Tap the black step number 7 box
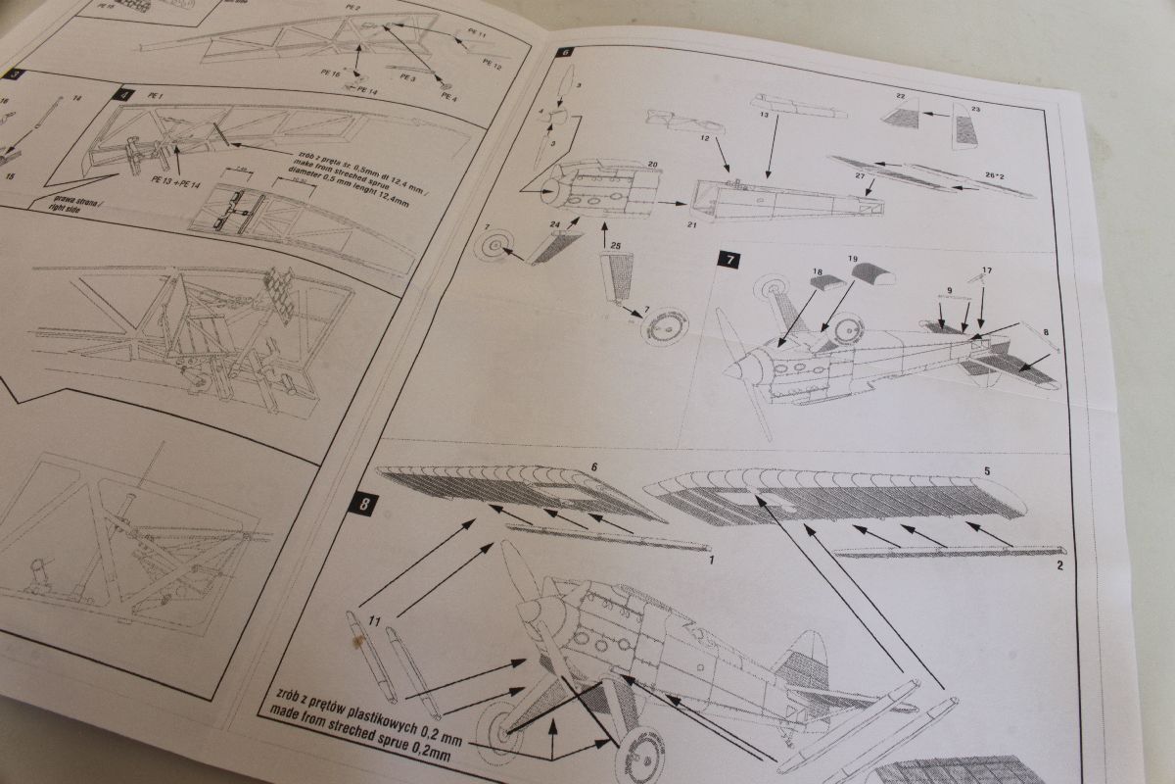tap(729, 259)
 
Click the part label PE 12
tap(492, 65)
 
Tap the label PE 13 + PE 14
tap(173, 180)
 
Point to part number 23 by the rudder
tap(974, 109)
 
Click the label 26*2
tap(997, 175)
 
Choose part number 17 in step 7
tap(986, 270)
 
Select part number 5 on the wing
tap(986, 471)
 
